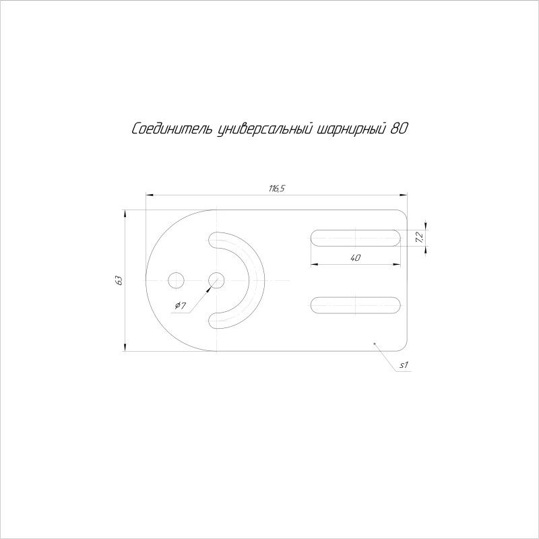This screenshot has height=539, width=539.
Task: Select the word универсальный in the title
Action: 265,129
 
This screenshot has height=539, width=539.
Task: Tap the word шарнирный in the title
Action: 350,129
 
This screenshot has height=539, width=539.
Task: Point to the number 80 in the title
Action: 399,129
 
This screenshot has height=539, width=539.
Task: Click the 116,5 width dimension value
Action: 277,189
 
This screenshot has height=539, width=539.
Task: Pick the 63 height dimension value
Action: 119,280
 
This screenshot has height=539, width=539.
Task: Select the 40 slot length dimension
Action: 356,257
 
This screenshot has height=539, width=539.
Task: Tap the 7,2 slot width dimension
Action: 419,238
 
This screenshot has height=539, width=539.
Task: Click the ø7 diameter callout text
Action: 181,305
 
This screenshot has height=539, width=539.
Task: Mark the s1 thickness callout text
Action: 404,364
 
